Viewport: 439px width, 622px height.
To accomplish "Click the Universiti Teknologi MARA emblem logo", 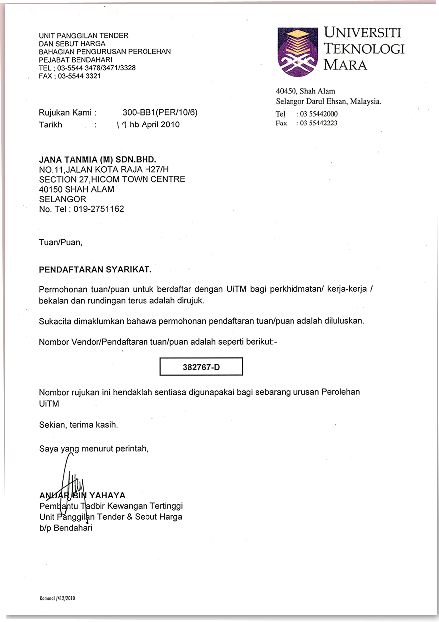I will pos(297,52).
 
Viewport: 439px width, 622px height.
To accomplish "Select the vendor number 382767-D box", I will pos(201,367).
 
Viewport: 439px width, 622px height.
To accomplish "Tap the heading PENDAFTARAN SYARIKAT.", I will pos(95,270).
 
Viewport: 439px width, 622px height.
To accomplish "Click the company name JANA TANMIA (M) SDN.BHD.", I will pos(98,160).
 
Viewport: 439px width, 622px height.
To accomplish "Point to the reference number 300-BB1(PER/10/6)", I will pos(160,113).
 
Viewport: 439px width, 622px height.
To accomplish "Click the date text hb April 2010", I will pos(155,124).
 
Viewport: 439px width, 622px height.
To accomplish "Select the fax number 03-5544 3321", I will pos(79,76).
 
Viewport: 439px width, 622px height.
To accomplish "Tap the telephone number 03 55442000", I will pos(318,114).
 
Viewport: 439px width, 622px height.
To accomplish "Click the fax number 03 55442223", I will pos(318,123).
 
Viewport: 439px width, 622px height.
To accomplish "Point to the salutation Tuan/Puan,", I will pos(60,243).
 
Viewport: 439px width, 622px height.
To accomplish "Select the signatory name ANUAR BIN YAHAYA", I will pos(82,495).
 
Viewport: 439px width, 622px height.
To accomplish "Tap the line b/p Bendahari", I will pos(66,528).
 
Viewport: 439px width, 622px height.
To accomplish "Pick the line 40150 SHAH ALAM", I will pos(76,189).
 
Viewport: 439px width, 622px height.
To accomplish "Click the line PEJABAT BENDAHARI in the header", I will pos(75,60).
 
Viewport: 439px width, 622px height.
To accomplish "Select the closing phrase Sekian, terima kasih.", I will pos(78,425).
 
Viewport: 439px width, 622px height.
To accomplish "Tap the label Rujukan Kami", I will pos(65,113).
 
